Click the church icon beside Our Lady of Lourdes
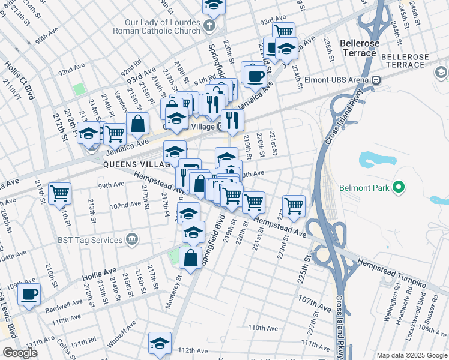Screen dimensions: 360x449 [209, 25]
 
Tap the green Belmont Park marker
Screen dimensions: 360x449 [398, 188]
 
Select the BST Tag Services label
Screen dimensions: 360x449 [91, 240]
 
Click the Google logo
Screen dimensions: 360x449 [20, 353]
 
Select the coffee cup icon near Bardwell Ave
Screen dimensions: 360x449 [29, 295]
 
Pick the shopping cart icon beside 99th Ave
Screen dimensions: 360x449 [60, 193]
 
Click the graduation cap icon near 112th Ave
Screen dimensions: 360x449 [160, 343]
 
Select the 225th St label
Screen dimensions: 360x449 [307, 271]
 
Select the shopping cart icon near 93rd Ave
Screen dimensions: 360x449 [283, 31]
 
